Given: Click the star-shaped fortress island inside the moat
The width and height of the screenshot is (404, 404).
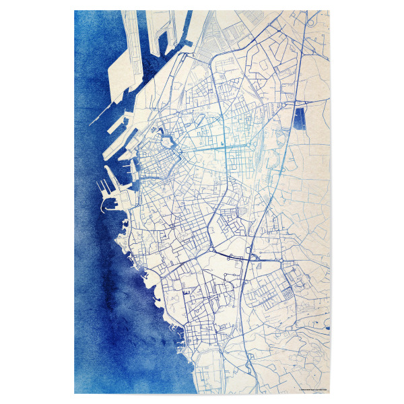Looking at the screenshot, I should [x=166, y=142].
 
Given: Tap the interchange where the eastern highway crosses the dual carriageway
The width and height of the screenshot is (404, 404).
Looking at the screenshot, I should [x=253, y=256].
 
